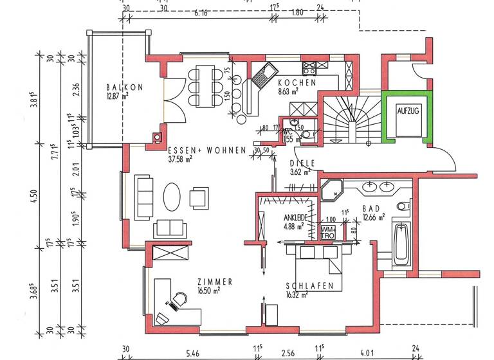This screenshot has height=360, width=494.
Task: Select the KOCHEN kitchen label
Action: pyautogui.click(x=297, y=83)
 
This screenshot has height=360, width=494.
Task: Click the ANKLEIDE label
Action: pyautogui.click(x=297, y=217)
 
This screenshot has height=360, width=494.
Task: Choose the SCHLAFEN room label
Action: pyautogui.click(x=309, y=286)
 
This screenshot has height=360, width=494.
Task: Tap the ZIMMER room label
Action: pyautogui.click(x=215, y=282)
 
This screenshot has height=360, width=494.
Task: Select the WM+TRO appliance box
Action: pyautogui.click(x=328, y=232)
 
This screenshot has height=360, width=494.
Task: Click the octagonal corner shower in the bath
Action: pyautogui.click(x=333, y=191)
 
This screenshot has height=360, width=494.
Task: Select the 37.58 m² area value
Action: pyautogui.click(x=181, y=158)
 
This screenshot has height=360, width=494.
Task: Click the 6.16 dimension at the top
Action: pyautogui.click(x=201, y=13)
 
